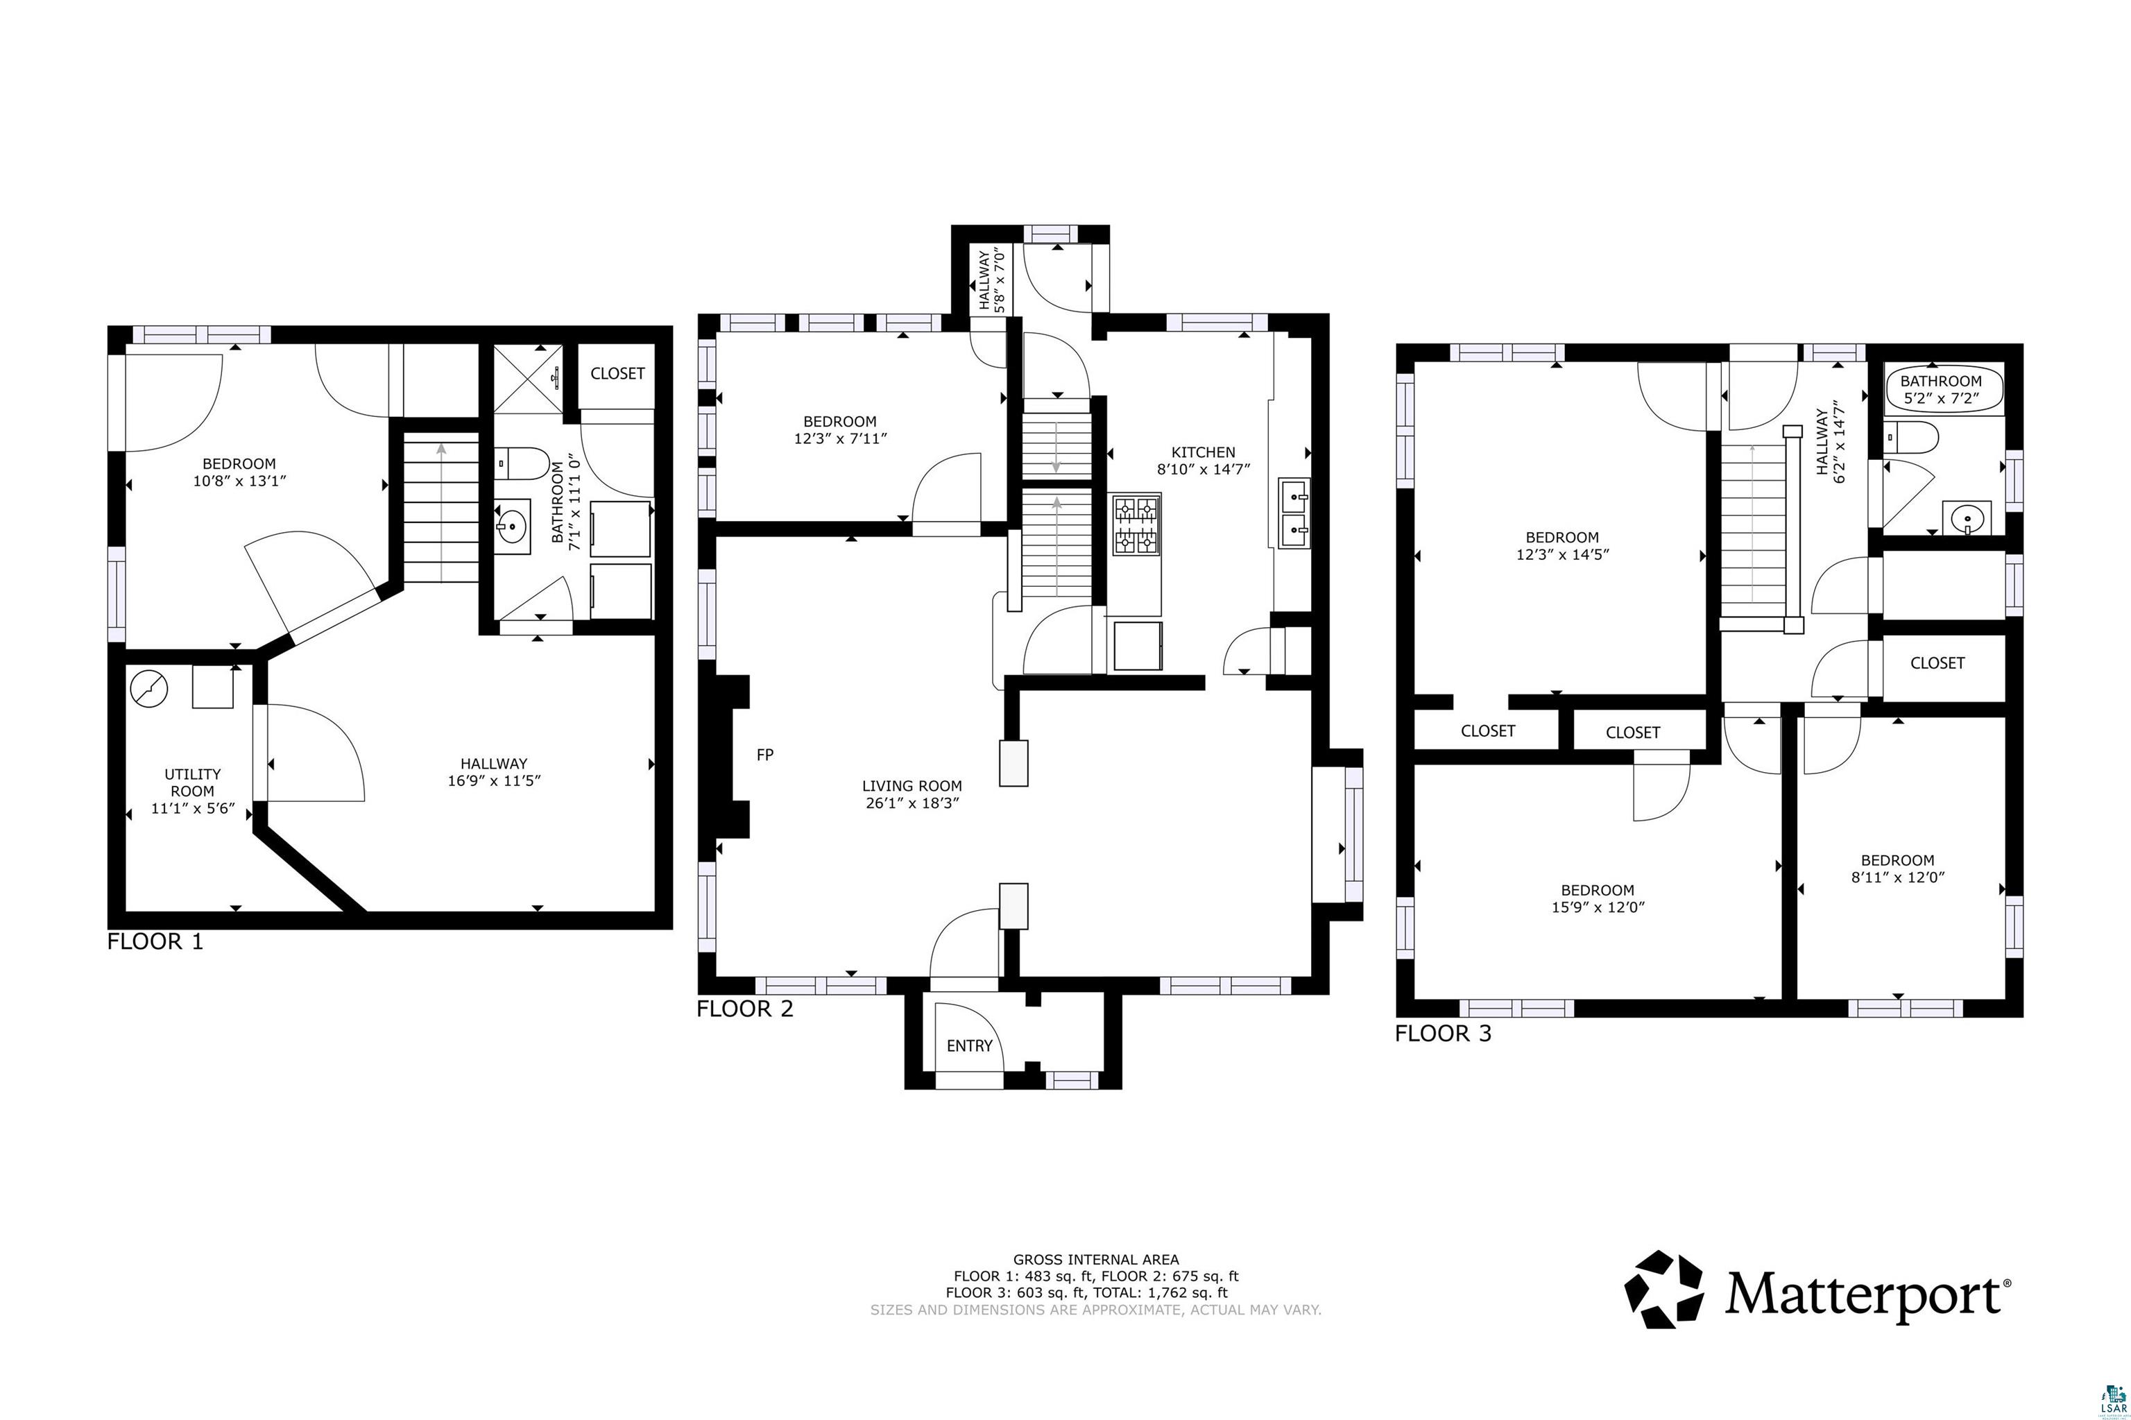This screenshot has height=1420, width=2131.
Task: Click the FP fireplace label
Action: point(764,754)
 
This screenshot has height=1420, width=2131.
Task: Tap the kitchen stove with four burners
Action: point(1136,524)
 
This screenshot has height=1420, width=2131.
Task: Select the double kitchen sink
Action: point(1294,513)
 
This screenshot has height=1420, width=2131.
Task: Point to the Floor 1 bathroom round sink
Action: point(513,524)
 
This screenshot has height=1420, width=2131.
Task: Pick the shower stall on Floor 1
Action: point(529,379)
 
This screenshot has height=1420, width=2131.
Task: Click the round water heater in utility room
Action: point(149,689)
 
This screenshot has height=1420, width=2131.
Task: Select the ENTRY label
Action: point(969,1046)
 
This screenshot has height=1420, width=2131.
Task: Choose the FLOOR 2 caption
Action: point(744,1009)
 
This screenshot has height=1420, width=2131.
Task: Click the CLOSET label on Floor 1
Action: point(617,373)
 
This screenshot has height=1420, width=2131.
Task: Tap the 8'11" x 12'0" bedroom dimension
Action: point(1897,877)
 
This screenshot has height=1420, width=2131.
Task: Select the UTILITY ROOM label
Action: point(192,782)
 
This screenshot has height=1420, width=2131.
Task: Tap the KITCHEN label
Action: point(1203,452)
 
